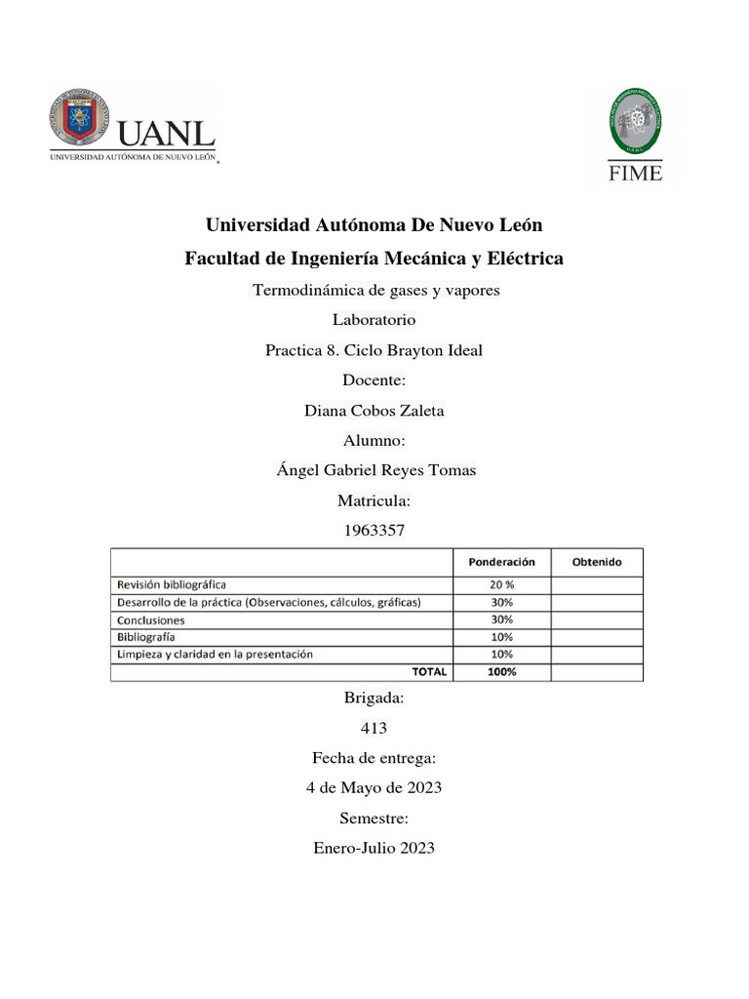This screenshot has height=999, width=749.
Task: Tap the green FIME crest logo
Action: (636, 121)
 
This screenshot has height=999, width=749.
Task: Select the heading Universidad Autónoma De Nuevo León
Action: (374, 225)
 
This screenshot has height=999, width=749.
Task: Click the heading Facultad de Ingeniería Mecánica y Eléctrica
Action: (374, 259)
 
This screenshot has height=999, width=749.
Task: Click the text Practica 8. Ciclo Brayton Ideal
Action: (374, 350)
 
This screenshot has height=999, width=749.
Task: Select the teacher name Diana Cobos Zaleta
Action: (374, 411)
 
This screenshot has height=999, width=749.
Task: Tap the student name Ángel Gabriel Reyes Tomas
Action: (376, 470)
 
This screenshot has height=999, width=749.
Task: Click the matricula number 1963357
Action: (374, 531)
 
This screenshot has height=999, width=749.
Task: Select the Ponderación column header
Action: (501, 562)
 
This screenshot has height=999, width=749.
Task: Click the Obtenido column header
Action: (596, 562)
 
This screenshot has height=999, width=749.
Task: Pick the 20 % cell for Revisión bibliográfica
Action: (501, 585)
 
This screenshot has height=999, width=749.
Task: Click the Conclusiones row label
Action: (151, 619)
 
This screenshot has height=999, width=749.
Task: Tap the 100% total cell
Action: (501, 671)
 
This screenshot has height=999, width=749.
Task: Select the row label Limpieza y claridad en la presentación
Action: (216, 654)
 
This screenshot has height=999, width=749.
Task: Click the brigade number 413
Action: (374, 728)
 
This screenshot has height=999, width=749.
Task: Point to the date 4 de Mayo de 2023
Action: (374, 788)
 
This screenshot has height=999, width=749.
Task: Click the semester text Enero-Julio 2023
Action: (374, 848)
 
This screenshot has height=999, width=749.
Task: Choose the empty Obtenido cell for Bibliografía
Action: (596, 637)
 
